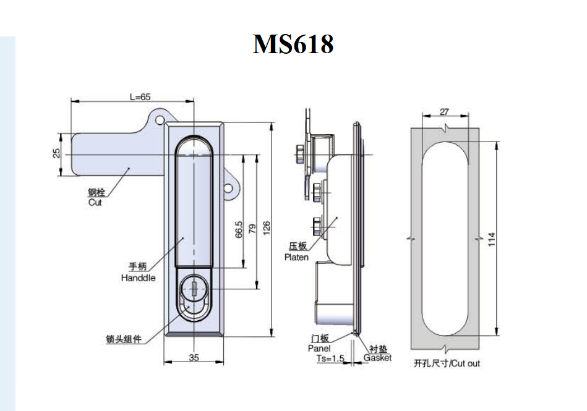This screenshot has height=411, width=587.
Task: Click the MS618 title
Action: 293,44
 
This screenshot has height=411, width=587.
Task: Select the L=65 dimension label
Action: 140,97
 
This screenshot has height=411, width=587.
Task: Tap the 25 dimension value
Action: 56,153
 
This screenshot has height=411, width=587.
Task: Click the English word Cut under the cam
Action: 95,202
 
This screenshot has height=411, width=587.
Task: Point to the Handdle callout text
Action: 138,278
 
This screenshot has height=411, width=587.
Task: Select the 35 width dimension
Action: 194,357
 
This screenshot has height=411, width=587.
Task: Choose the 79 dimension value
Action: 252,228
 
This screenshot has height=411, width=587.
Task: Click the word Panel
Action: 319,349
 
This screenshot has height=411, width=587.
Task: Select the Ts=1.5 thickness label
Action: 330,358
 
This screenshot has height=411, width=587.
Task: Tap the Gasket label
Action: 377,358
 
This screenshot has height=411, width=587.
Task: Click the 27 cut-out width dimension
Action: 444,112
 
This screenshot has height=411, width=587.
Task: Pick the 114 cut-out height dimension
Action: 492,239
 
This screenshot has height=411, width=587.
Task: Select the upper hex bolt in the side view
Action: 319,189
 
